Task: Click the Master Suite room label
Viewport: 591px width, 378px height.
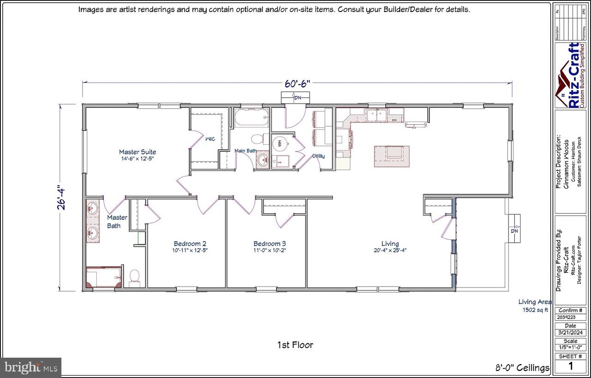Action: click(x=137, y=152)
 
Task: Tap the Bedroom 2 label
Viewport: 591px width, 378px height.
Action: click(x=190, y=244)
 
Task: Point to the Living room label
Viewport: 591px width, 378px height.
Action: click(x=390, y=244)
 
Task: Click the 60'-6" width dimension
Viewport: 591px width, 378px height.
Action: click(x=297, y=84)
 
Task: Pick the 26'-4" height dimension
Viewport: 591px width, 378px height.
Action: click(x=62, y=198)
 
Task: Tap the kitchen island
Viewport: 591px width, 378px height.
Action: click(x=392, y=156)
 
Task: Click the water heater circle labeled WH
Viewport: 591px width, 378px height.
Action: click(x=280, y=143)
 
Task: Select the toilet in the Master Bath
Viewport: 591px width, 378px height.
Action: click(x=135, y=277)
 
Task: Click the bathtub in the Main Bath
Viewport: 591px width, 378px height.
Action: click(x=251, y=119)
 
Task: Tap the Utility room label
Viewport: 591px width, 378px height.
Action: click(x=319, y=156)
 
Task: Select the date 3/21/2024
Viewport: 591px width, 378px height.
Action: click(x=570, y=333)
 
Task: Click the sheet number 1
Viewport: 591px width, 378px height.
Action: click(x=570, y=366)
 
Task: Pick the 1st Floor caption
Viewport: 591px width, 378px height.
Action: click(x=295, y=345)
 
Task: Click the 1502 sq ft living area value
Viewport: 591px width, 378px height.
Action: click(x=535, y=310)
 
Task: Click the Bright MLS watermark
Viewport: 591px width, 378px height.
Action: click(x=30, y=368)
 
